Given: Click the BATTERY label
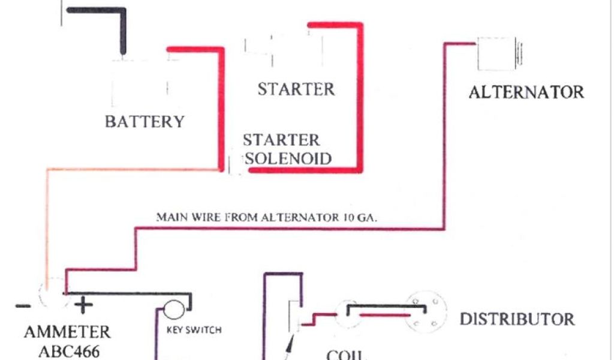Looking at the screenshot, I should (145, 122).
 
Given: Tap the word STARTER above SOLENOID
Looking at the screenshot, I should (281, 140).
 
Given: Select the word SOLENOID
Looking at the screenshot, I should (289, 159).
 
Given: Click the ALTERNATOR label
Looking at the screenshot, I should (526, 92).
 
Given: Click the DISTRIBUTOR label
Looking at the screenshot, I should (517, 319).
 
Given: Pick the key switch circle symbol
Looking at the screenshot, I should (174, 310).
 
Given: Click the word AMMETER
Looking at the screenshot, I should (67, 332).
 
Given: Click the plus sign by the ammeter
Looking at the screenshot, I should (83, 306).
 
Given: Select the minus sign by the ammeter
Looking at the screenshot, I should (23, 306).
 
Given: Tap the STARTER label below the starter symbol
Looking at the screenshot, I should (296, 89).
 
